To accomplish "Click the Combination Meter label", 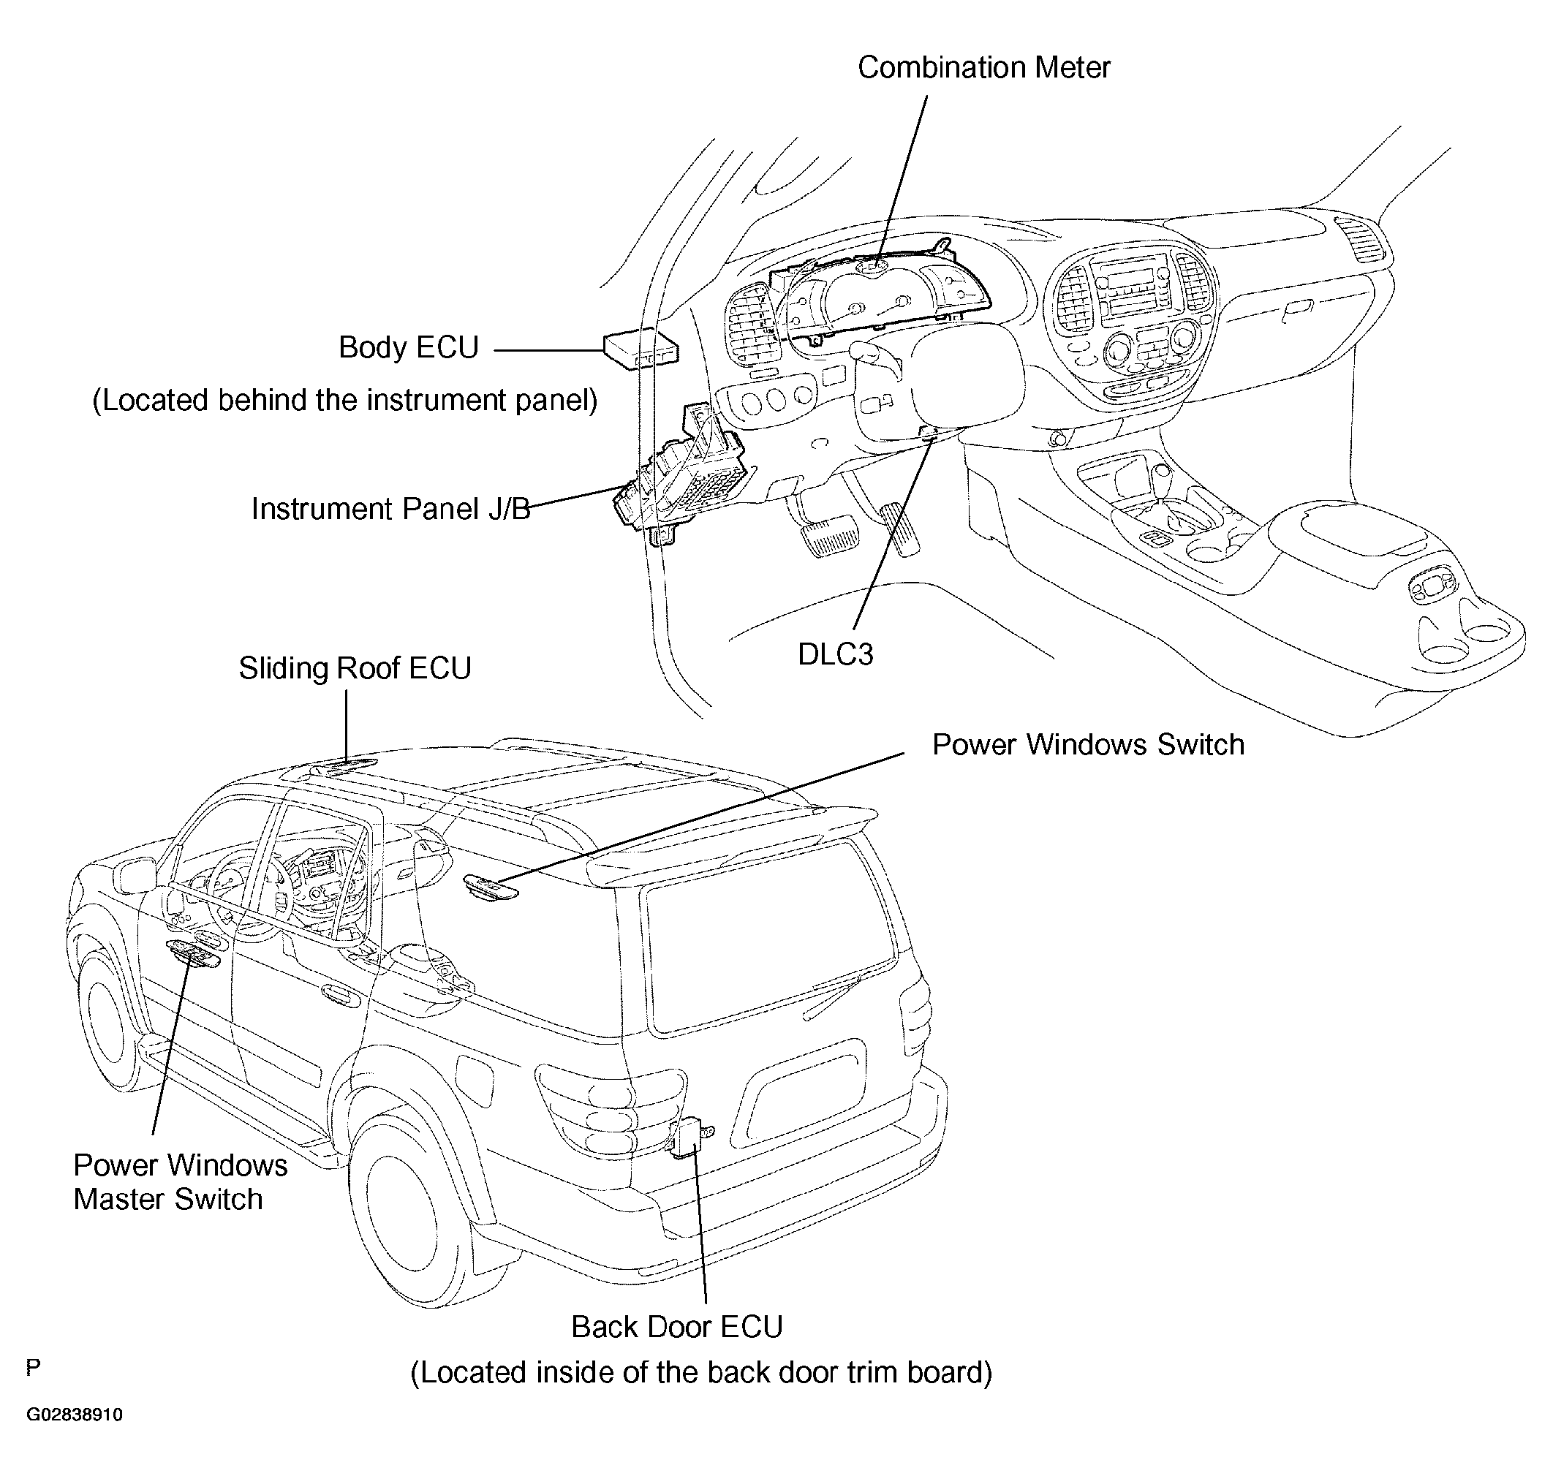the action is pyautogui.click(x=983, y=68).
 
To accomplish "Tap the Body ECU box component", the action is pyautogui.click(x=641, y=349).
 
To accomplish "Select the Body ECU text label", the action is pyautogui.click(x=408, y=348).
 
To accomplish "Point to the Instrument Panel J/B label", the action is pyautogui.click(x=391, y=509).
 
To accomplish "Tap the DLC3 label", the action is pyautogui.click(x=836, y=654).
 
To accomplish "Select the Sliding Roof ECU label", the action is pyautogui.click(x=355, y=669).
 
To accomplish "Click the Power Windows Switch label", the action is pyautogui.click(x=1088, y=745).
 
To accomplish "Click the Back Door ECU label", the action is pyautogui.click(x=676, y=1328).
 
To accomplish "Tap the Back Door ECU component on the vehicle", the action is pyautogui.click(x=690, y=1138).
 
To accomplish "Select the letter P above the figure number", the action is pyautogui.click(x=33, y=1367).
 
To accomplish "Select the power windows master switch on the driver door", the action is pyautogui.click(x=193, y=954).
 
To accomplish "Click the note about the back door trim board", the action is pyautogui.click(x=701, y=1373).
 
